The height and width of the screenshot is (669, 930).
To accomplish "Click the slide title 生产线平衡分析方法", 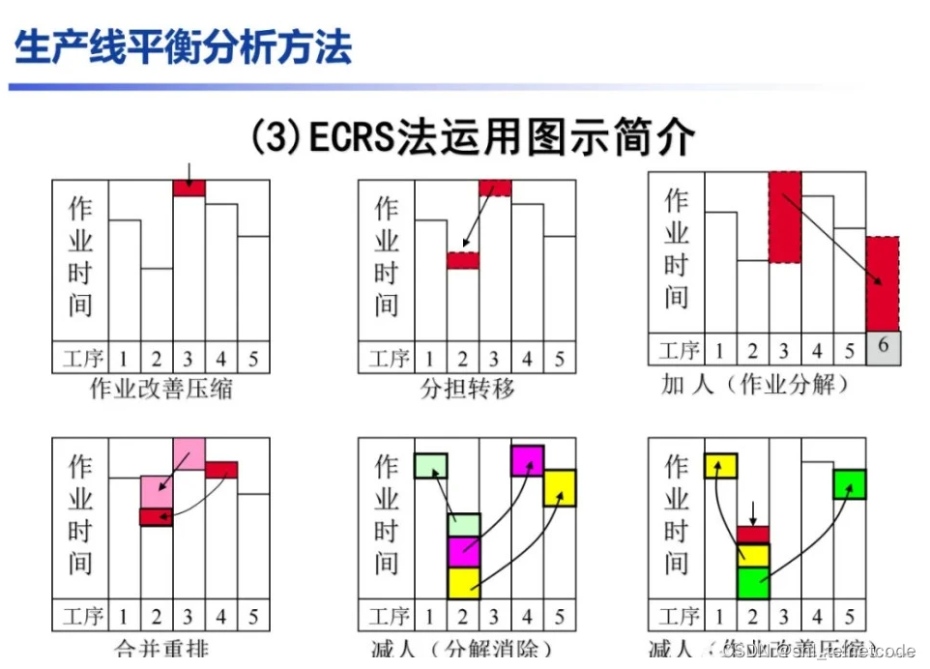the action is (x=184, y=46).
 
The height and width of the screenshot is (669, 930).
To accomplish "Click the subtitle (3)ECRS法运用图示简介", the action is (x=472, y=137).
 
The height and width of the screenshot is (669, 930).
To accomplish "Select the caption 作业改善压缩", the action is (x=160, y=390).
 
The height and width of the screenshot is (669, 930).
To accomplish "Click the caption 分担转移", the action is (x=467, y=390).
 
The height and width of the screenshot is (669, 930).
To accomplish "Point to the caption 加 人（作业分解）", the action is (x=756, y=384).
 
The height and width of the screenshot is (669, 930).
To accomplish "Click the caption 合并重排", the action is (x=160, y=649).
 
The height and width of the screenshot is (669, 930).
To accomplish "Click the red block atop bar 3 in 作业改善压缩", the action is (x=189, y=189).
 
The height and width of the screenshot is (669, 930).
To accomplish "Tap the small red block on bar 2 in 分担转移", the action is (x=463, y=260).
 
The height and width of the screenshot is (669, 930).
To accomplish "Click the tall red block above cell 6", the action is (x=881, y=284).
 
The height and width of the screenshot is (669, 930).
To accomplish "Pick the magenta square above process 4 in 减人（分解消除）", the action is (x=527, y=460).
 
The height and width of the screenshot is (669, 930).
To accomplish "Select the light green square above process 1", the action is (x=430, y=466).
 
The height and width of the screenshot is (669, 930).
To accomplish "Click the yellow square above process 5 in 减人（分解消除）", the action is (x=560, y=487).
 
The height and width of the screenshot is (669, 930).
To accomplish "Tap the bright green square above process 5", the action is (x=850, y=483).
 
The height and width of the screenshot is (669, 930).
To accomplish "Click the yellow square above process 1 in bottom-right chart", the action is (x=720, y=466).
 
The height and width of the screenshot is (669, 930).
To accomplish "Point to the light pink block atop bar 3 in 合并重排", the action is (x=189, y=453).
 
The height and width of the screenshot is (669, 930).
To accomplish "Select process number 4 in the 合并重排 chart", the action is (x=220, y=617).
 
